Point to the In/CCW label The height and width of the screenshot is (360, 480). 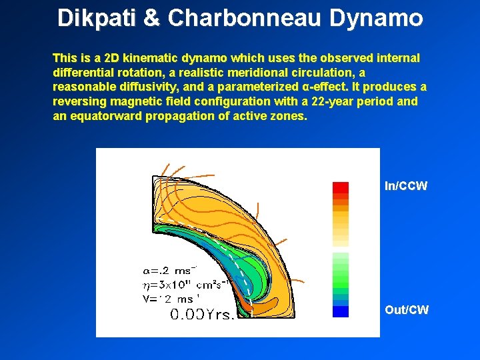coord(406,186)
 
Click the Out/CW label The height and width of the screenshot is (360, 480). coord(407,309)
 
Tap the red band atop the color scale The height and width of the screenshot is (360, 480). coord(341,187)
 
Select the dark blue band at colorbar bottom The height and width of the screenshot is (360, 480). coord(341,311)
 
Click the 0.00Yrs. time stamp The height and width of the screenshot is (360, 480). coord(202,314)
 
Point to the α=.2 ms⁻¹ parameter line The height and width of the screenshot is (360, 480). coord(170,270)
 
